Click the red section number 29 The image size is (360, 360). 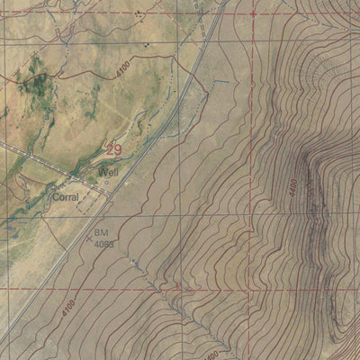pyautogui.click(x=114, y=150)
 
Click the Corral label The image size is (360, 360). pyautogui.click(x=65, y=196)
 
